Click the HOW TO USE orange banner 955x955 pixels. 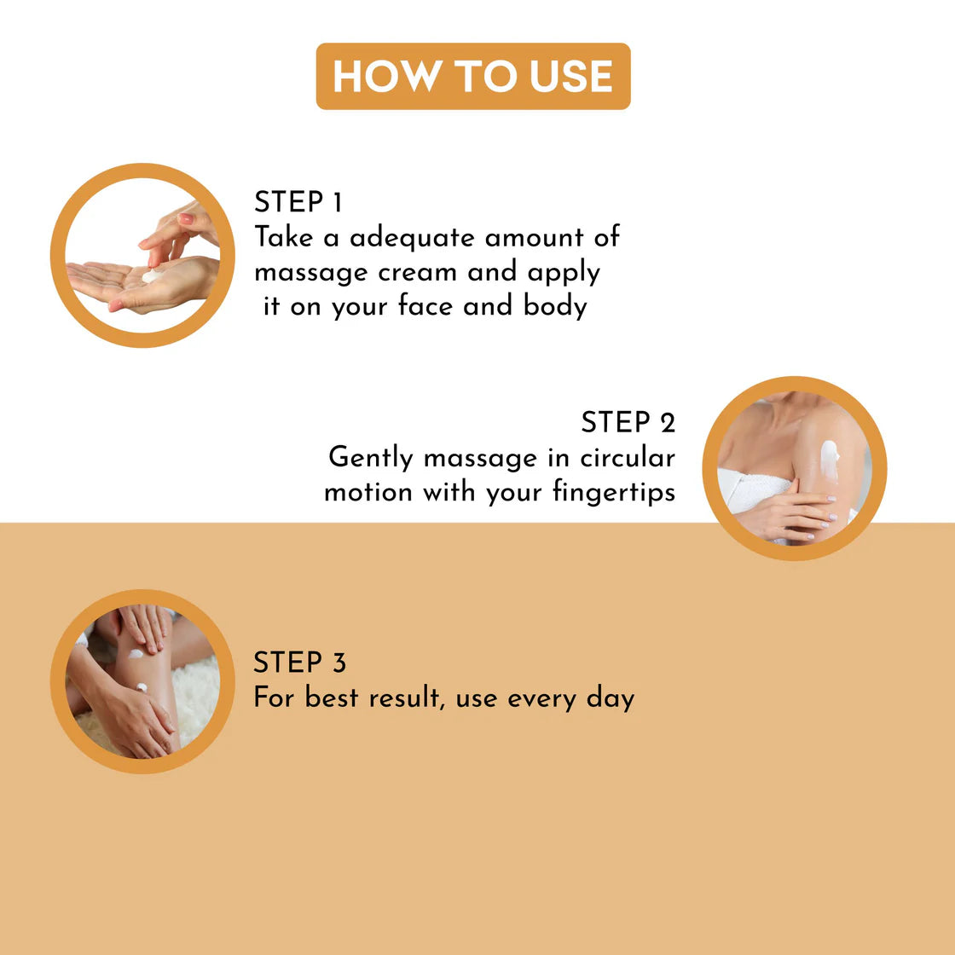click(473, 76)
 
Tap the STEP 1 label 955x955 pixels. click(298, 202)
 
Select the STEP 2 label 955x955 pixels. click(628, 423)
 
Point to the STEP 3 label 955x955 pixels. click(299, 663)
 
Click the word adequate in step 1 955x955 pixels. click(412, 238)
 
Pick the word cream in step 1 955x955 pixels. click(417, 273)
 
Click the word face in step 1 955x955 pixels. click(425, 306)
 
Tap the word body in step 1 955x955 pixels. click(555, 307)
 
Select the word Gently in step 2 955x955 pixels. click(370, 458)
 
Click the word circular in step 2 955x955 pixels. click(628, 458)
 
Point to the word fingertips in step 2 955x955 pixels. click(614, 492)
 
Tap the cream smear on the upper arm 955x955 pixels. click(830, 460)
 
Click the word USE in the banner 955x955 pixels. click(570, 77)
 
